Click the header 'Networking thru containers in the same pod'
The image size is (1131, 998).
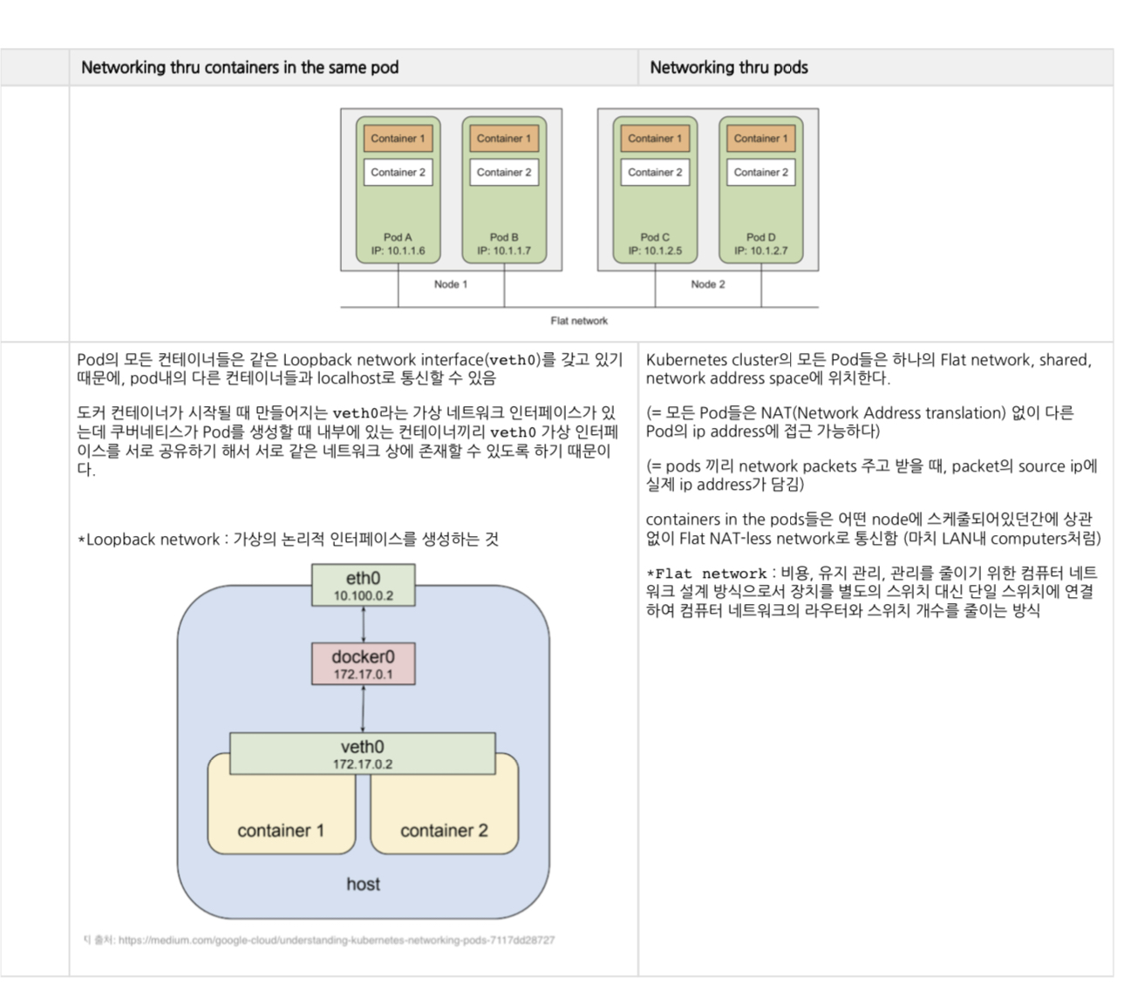coord(240,67)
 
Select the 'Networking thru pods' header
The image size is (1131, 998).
coord(729,67)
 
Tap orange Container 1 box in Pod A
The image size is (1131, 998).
coord(398,139)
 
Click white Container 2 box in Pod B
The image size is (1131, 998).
coord(504,173)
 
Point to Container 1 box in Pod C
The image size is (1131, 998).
coord(655,139)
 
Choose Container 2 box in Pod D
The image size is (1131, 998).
coord(760,173)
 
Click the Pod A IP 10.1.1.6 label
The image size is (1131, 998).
coord(398,251)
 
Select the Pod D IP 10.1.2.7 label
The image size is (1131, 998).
coord(760,251)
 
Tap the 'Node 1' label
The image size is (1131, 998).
coord(451,284)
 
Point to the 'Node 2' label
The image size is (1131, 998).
coord(708,284)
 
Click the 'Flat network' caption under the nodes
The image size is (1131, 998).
coord(579,321)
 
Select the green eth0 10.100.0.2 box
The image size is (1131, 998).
coord(363,585)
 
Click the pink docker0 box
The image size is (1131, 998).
coord(363,663)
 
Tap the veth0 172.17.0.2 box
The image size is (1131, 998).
coord(363,754)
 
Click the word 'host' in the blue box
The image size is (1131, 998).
coord(363,884)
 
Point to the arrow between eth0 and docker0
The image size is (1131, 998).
coord(363,624)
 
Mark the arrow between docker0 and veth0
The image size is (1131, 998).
coord(363,709)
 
